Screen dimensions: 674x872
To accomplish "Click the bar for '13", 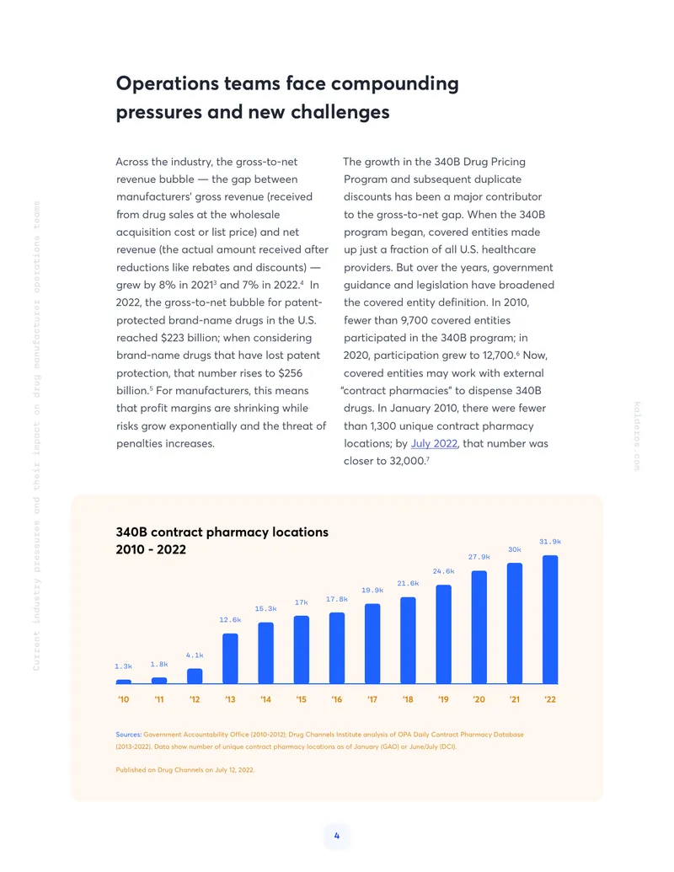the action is [x=230, y=659].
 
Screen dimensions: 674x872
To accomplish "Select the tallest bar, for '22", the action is [x=550, y=619].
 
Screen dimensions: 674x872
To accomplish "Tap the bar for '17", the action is [x=372, y=644].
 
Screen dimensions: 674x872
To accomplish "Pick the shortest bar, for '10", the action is [x=124, y=682].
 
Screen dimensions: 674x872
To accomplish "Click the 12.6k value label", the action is [x=230, y=619].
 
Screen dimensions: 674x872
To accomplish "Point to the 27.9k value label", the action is [x=479, y=557].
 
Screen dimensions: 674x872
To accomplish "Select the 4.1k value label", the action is [x=195, y=655].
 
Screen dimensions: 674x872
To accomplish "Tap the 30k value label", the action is [x=515, y=549].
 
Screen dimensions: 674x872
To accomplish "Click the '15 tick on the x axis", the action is [x=301, y=699].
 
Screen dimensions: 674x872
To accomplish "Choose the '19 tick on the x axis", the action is [x=443, y=699].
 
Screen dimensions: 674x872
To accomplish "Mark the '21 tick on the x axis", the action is [x=515, y=699].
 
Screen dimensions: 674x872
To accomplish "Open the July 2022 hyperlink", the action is [x=434, y=443].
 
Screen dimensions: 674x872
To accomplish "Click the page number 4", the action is [x=337, y=836].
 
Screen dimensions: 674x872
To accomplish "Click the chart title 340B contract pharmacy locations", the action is [x=222, y=532].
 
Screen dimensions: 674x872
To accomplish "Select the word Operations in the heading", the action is [x=168, y=84].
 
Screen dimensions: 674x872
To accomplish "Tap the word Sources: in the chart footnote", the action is [x=128, y=735].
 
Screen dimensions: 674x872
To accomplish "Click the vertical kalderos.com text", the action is [x=637, y=436].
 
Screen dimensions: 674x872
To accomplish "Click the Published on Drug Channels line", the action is [x=185, y=770].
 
